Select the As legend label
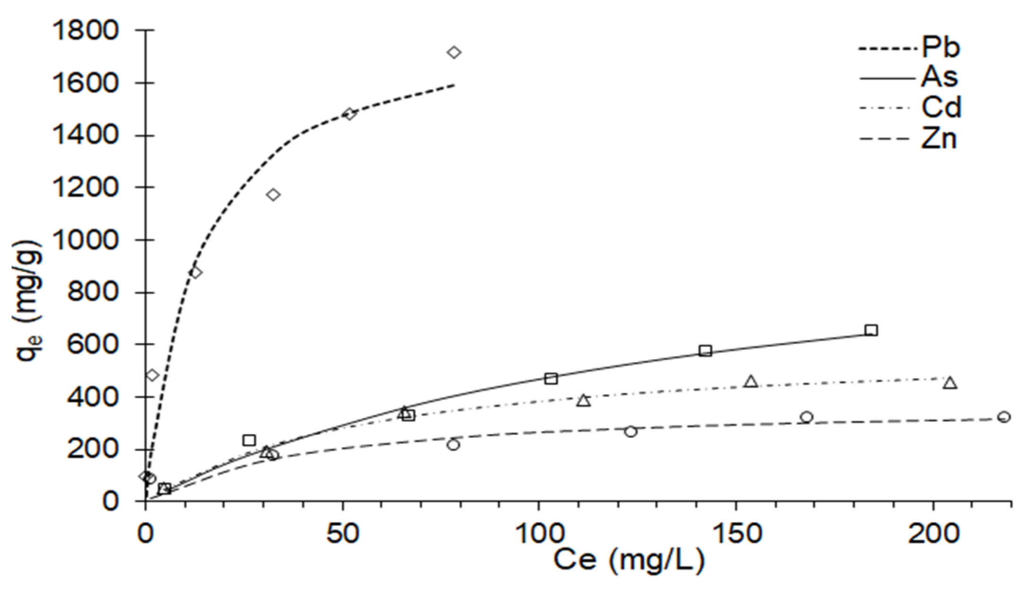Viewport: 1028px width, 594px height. [940, 77]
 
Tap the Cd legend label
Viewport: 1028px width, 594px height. [941, 108]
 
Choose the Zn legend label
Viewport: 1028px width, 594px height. [939, 139]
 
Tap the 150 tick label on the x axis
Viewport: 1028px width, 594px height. [736, 534]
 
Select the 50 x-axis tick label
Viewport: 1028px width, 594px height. [342, 534]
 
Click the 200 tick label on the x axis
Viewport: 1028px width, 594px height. [933, 534]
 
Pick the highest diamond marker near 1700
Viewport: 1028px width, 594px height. [454, 52]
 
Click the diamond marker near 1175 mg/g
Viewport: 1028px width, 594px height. [273, 195]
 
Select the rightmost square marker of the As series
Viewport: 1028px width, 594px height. [871, 330]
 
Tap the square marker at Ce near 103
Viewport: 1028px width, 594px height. [551, 379]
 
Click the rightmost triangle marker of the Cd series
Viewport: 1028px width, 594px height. [949, 383]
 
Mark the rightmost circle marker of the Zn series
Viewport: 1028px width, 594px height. [1004, 417]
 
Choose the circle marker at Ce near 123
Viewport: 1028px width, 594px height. [630, 432]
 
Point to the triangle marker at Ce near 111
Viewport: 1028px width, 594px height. [584, 401]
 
